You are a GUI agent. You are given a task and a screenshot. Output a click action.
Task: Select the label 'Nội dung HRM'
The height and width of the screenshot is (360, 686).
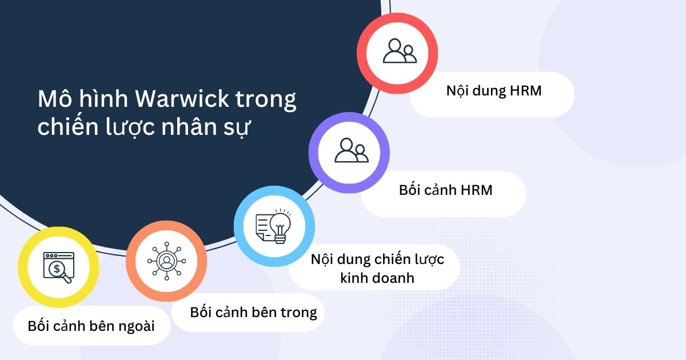tap(493, 91)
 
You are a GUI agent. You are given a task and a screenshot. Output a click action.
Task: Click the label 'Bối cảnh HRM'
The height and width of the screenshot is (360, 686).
tap(445, 190)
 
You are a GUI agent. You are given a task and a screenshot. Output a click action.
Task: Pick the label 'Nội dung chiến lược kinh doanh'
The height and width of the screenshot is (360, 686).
tap(377, 268)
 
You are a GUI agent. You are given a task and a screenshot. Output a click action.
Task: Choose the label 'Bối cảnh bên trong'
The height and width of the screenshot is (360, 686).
tap(253, 312)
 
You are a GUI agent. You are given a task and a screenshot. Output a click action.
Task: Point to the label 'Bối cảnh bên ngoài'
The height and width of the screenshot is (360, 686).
tap(91, 326)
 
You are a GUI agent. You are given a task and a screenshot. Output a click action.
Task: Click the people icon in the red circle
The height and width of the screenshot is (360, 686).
tap(398, 51)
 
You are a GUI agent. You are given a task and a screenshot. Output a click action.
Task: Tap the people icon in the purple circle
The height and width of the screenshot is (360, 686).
tap(350, 151)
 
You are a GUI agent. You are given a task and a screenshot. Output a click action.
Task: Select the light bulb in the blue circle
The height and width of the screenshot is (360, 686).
tap(280, 225)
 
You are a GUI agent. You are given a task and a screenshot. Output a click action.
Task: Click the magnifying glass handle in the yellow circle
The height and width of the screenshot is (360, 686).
tap(67, 279)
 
